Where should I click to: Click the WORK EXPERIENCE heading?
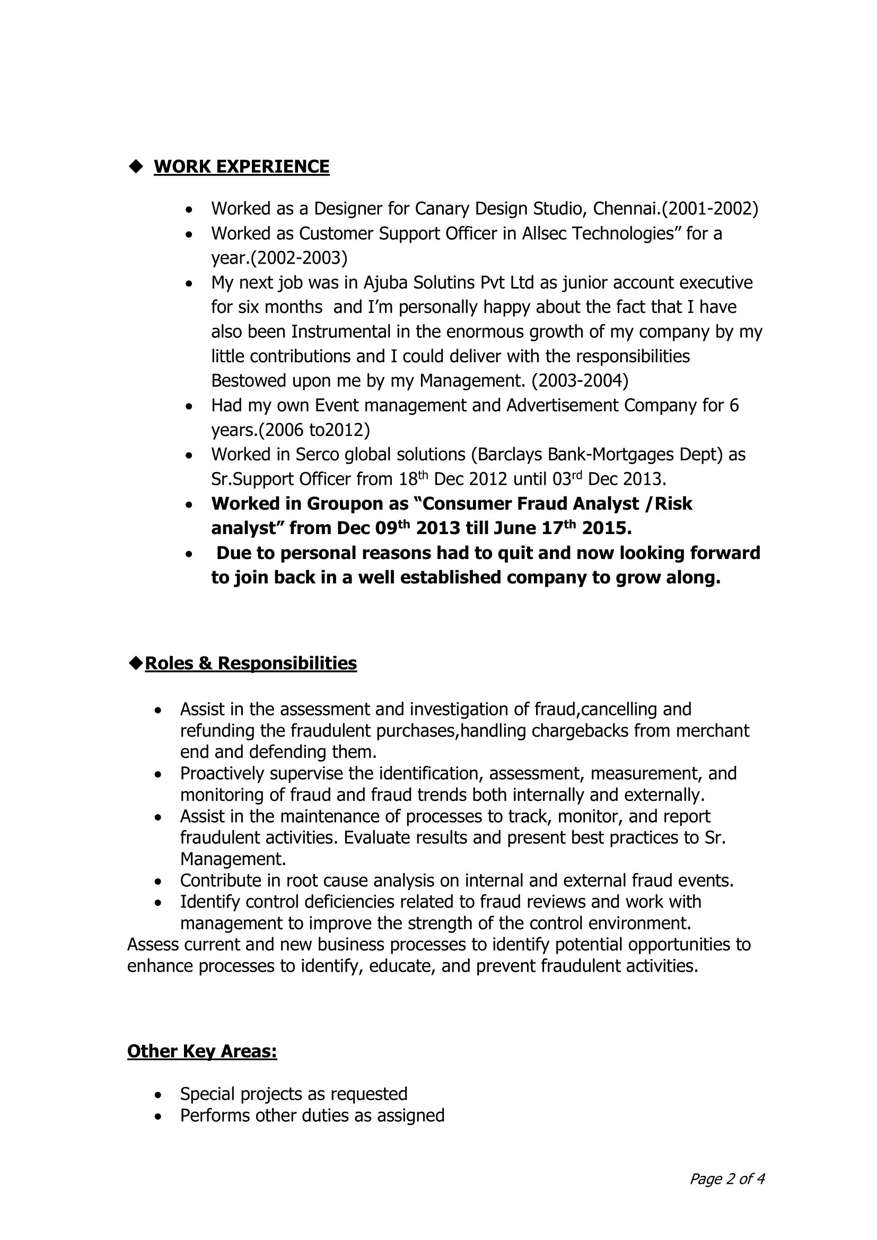pyautogui.click(x=241, y=167)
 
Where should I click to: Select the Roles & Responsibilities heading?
pyautogui.click(x=251, y=662)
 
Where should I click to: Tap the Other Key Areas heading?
pyautogui.click(x=202, y=1051)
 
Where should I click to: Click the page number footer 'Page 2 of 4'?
pyautogui.click(x=727, y=1178)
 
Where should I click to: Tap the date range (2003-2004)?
pyautogui.click(x=580, y=381)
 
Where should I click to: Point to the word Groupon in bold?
pyautogui.click(x=345, y=504)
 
